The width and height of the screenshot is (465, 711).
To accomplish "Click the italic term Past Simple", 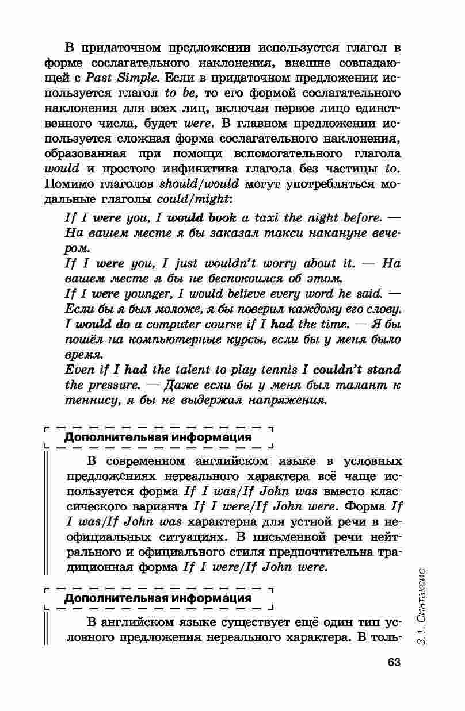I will (x=121, y=77).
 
